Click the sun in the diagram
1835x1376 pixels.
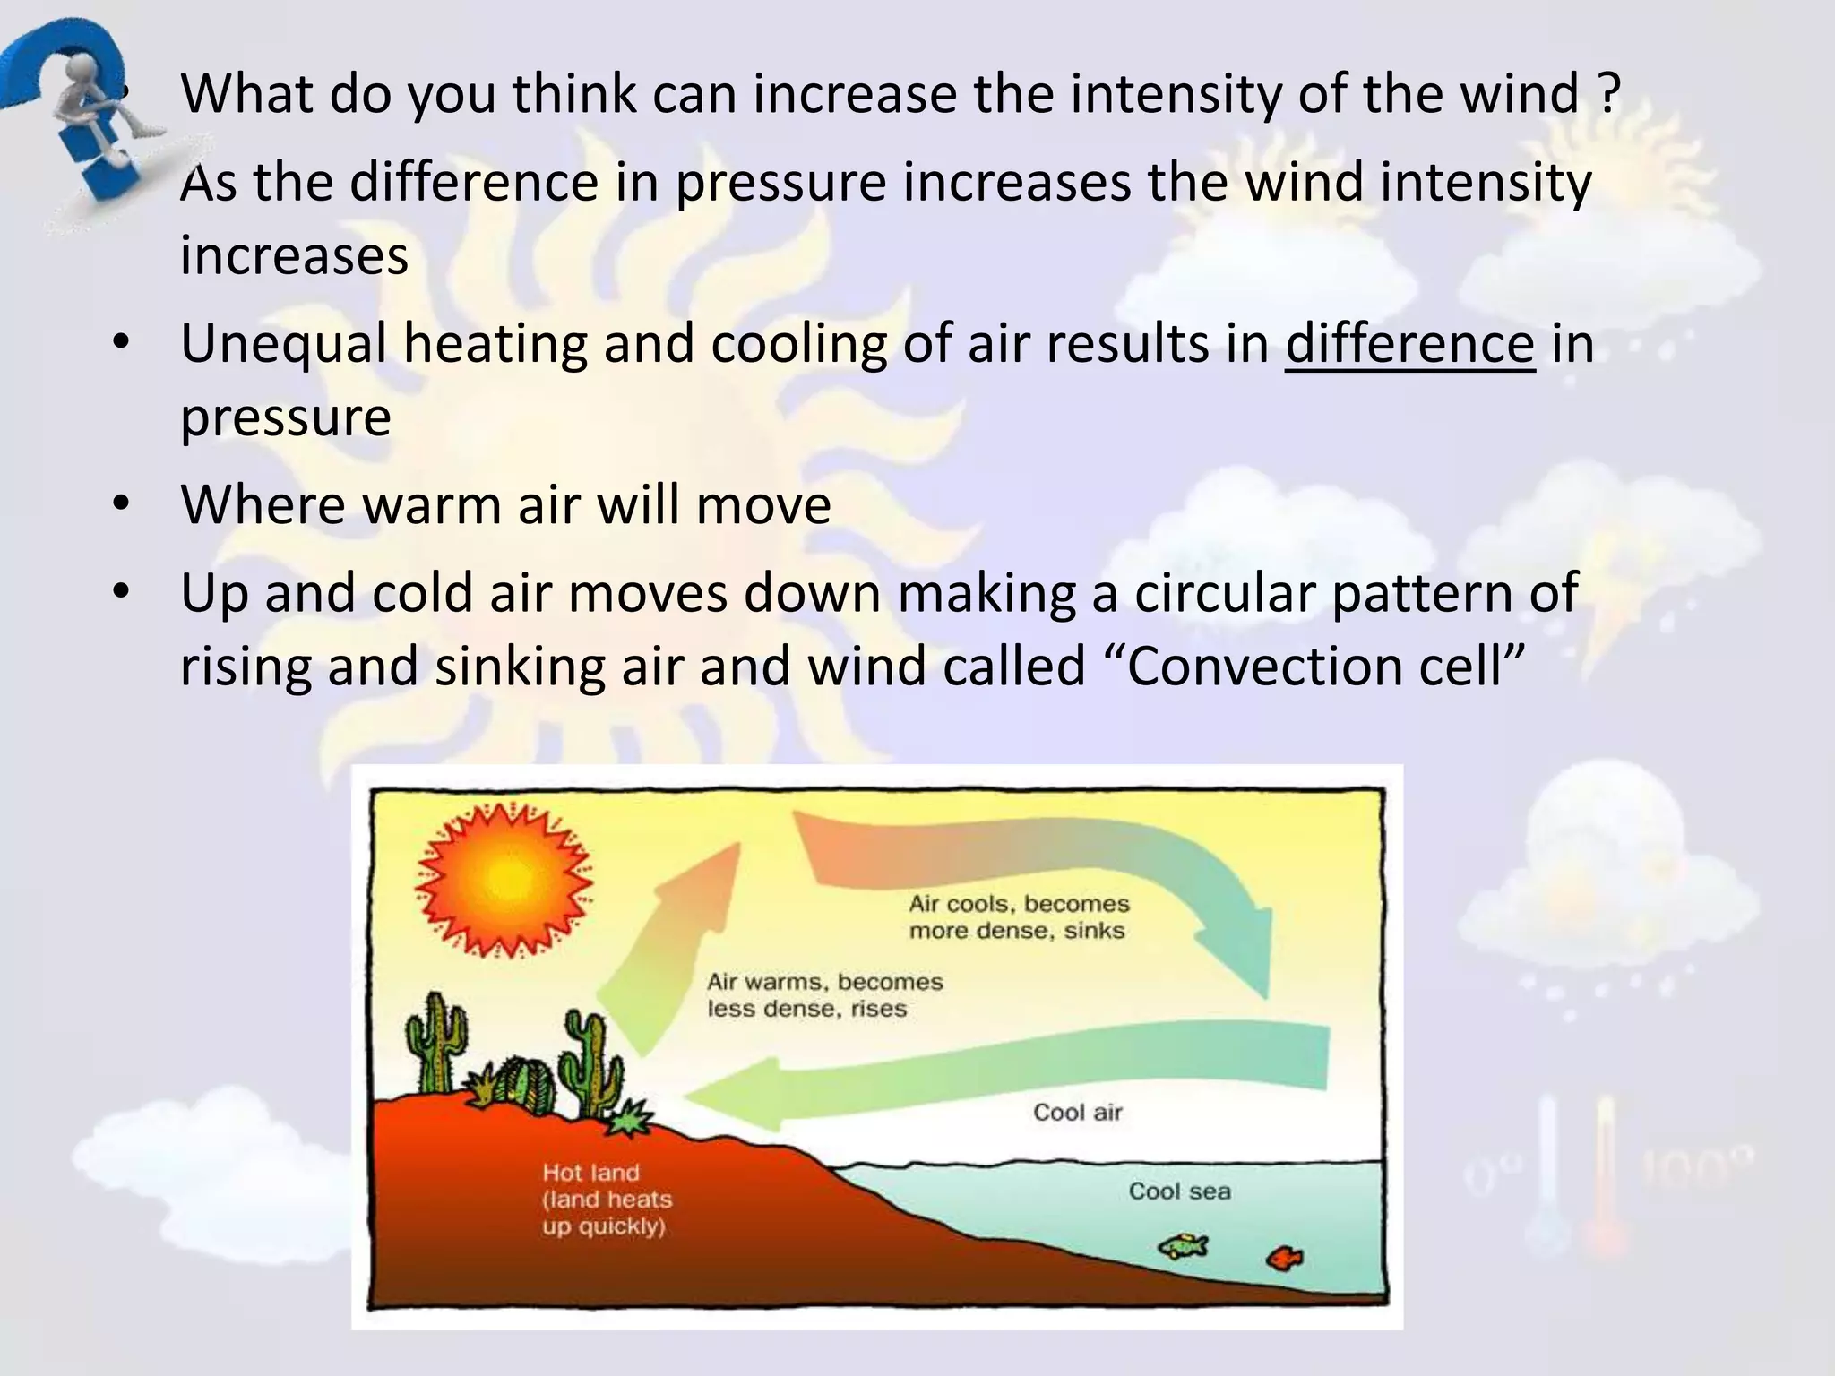(504, 880)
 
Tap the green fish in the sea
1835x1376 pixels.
(1183, 1246)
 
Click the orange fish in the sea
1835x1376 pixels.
(1284, 1259)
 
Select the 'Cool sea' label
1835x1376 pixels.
(1179, 1191)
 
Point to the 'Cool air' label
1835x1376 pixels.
(1077, 1113)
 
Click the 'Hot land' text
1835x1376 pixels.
(591, 1173)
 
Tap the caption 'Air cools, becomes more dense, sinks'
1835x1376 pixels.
(1019, 916)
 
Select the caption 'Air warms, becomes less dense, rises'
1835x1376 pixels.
(824, 995)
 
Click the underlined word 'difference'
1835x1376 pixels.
(1409, 344)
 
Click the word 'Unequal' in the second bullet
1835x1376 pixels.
(283, 344)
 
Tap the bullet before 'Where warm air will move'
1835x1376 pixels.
(123, 504)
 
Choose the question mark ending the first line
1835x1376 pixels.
(1608, 93)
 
